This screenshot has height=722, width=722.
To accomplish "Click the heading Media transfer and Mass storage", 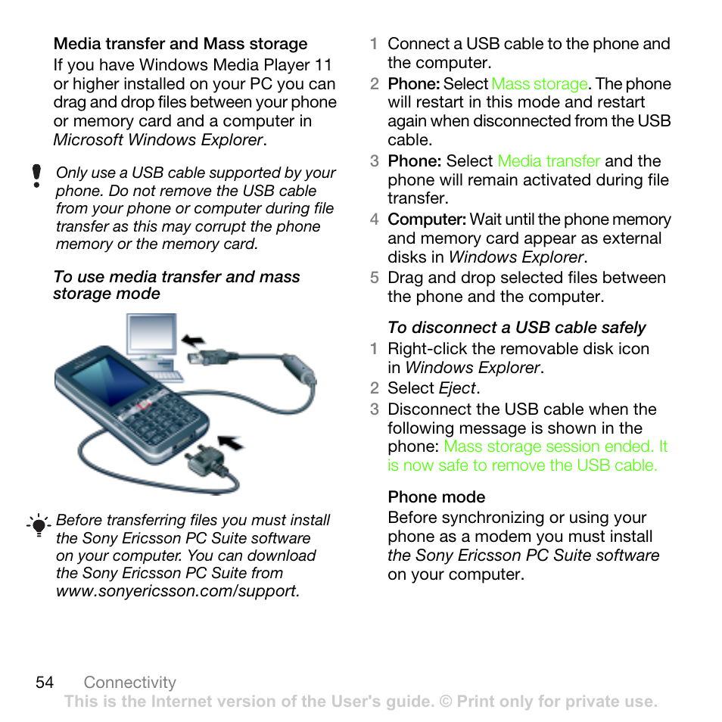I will click(180, 44).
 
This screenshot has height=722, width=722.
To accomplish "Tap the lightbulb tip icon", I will click(38, 524).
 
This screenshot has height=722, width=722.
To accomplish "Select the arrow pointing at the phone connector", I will click(230, 442).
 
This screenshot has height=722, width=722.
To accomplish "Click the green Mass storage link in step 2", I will click(540, 84).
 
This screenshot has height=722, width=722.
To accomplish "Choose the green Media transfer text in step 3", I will click(549, 161).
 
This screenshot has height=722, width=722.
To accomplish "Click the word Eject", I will click(457, 388).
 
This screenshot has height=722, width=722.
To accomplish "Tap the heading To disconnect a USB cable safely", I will click(516, 328).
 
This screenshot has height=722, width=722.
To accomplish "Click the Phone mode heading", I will click(436, 497).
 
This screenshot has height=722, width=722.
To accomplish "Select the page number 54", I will click(45, 682).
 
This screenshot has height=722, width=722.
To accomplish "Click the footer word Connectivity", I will click(129, 682).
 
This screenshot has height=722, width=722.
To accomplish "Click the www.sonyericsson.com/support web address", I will click(177, 591).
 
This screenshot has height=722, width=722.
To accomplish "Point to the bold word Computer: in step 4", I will click(426, 219).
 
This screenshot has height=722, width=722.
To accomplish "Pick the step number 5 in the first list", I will click(374, 278).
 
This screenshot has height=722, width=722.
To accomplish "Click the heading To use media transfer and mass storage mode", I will click(176, 285).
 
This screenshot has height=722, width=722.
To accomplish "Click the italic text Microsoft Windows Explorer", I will click(158, 140).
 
